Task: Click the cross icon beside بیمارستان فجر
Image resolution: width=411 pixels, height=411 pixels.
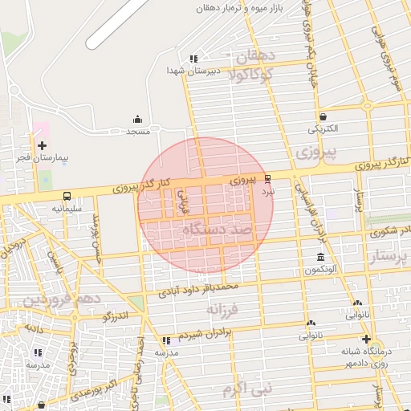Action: [42, 144]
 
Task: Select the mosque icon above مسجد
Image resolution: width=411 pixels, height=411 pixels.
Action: [137, 118]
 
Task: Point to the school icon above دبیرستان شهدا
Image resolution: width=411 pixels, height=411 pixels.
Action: [193, 59]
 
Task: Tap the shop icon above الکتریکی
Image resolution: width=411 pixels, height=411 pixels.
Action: [323, 116]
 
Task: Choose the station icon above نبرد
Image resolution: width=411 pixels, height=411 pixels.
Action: [268, 179]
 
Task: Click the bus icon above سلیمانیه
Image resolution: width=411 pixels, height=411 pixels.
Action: [67, 195]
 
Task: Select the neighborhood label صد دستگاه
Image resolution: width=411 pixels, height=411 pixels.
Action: [218, 230]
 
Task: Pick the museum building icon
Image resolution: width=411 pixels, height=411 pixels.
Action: [321, 257]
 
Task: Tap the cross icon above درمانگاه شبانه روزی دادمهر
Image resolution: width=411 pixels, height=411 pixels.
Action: [366, 339]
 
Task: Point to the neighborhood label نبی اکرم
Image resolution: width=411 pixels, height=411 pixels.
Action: [250, 390]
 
